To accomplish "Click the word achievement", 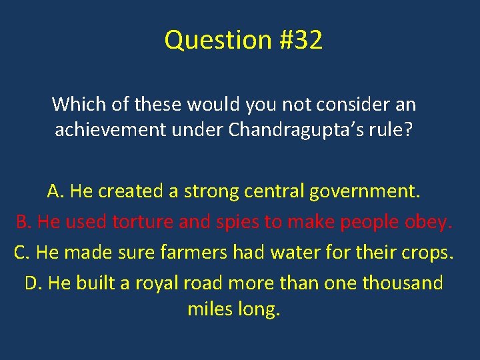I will [x=110, y=129].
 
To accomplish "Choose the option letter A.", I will [x=55, y=191].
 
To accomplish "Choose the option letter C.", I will [x=21, y=253].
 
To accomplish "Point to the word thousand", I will [x=402, y=283].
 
